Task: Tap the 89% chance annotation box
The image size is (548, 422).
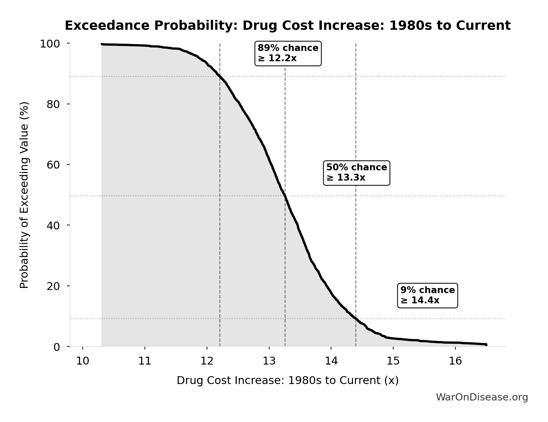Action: click(x=288, y=53)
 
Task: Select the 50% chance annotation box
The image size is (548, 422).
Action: click(x=356, y=173)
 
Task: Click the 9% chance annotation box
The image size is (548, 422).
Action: click(x=427, y=295)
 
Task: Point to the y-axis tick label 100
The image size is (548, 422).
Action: click(x=50, y=44)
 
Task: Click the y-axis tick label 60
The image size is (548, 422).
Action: click(x=53, y=165)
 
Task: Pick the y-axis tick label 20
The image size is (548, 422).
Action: click(x=53, y=286)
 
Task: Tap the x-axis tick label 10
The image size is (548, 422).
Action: click(x=82, y=361)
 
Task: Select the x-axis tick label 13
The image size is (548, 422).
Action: click(x=269, y=361)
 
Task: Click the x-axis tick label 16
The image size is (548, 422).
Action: click(x=455, y=361)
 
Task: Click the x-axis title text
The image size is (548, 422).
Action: click(x=287, y=381)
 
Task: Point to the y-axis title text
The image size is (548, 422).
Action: click(x=24, y=195)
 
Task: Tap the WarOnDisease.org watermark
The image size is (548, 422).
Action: click(x=482, y=397)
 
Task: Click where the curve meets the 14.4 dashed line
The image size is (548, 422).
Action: click(x=356, y=319)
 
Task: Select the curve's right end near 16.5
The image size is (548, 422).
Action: click(x=486, y=344)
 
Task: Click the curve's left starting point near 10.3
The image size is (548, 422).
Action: click(x=102, y=44)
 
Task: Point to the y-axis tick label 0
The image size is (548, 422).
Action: click(x=57, y=347)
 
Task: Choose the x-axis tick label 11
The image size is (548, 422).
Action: click(x=145, y=361)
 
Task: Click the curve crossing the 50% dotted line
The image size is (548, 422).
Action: click(x=285, y=196)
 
